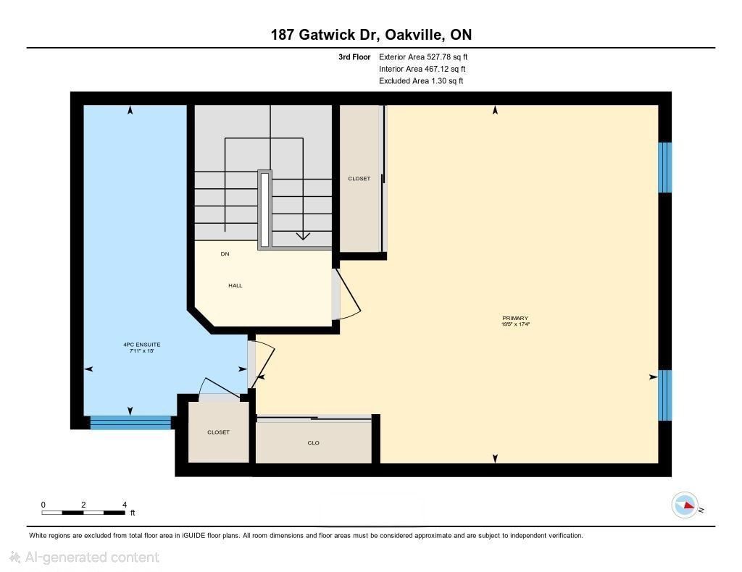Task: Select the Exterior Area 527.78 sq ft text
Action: pyautogui.click(x=423, y=56)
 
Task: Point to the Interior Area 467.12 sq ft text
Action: pyautogui.click(x=422, y=69)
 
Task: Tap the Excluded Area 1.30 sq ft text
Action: pyautogui.click(x=421, y=81)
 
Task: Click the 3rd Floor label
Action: pyautogui.click(x=354, y=56)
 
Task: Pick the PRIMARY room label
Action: pyautogui.click(x=515, y=318)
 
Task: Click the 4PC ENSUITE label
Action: pyautogui.click(x=142, y=345)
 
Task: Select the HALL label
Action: pyautogui.click(x=235, y=285)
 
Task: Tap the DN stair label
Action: pyautogui.click(x=225, y=254)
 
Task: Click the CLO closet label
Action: pyautogui.click(x=313, y=443)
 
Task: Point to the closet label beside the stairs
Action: pyautogui.click(x=359, y=179)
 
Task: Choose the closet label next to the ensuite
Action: pyautogui.click(x=219, y=432)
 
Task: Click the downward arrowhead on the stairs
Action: pyautogui.click(x=303, y=236)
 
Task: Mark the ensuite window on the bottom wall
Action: pyautogui.click(x=130, y=423)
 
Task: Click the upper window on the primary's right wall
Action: pyautogui.click(x=665, y=167)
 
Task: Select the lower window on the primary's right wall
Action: pyautogui.click(x=665, y=395)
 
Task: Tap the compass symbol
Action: pyautogui.click(x=685, y=505)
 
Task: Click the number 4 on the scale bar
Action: pyautogui.click(x=125, y=505)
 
